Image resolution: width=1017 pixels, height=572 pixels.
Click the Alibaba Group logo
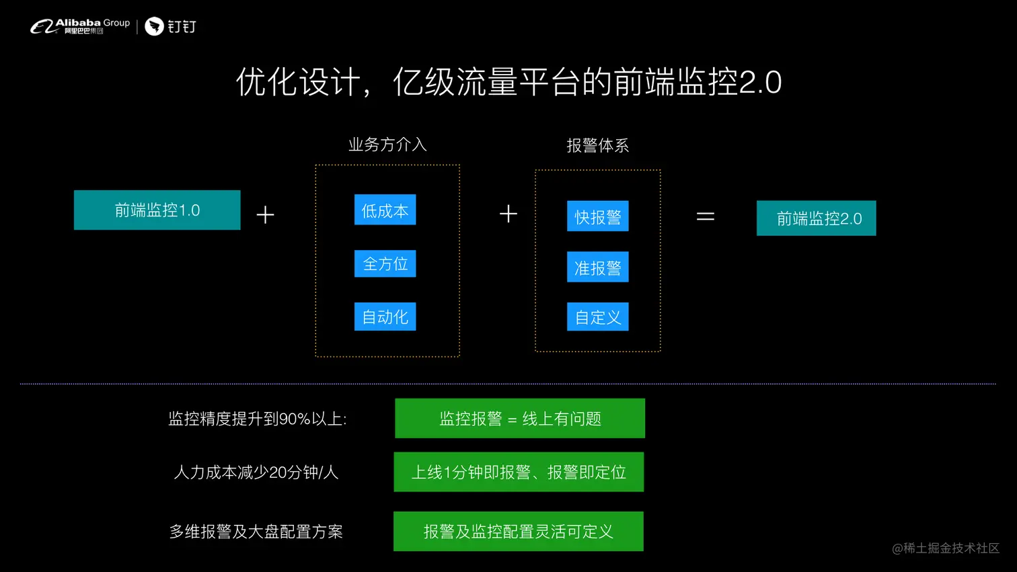pos(80,26)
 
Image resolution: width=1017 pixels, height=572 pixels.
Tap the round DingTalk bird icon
pos(155,26)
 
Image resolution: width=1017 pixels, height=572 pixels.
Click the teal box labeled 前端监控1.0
pos(157,210)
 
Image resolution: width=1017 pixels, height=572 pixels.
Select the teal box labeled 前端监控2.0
pos(816,218)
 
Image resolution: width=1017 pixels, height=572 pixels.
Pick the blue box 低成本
pos(385,210)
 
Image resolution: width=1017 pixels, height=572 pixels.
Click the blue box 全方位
pos(385,263)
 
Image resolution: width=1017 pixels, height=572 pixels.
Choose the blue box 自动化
pos(385,317)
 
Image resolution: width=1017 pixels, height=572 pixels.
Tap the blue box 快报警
pos(597,216)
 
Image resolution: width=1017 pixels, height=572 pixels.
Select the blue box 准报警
pos(597,268)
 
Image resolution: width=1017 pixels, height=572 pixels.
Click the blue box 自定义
pos(597,317)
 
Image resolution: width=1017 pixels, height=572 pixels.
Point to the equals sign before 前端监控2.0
pos(705,216)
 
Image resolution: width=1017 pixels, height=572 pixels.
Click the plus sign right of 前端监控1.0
pos(265,215)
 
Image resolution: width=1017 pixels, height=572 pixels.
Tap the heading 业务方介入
pos(387,145)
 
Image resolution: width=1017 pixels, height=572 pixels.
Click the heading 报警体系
pos(597,146)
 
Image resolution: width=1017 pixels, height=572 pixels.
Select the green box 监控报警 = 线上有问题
pos(519,418)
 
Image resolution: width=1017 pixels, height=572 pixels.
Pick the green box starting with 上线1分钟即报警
pos(519,472)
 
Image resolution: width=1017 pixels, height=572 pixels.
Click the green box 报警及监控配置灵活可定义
pos(518,531)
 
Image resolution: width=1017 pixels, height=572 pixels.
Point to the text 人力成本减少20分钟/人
pos(256,473)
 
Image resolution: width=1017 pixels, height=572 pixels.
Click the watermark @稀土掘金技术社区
pos(945,548)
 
